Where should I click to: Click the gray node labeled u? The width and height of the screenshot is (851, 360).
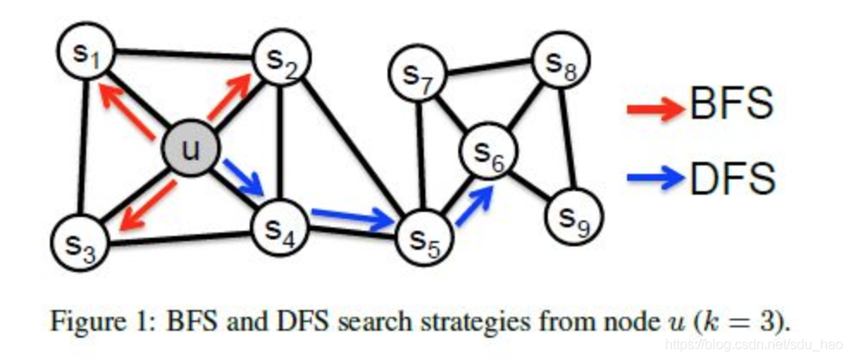click(x=189, y=151)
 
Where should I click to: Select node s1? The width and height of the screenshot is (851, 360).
click(x=85, y=57)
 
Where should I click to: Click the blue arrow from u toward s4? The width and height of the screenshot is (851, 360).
click(x=244, y=177)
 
